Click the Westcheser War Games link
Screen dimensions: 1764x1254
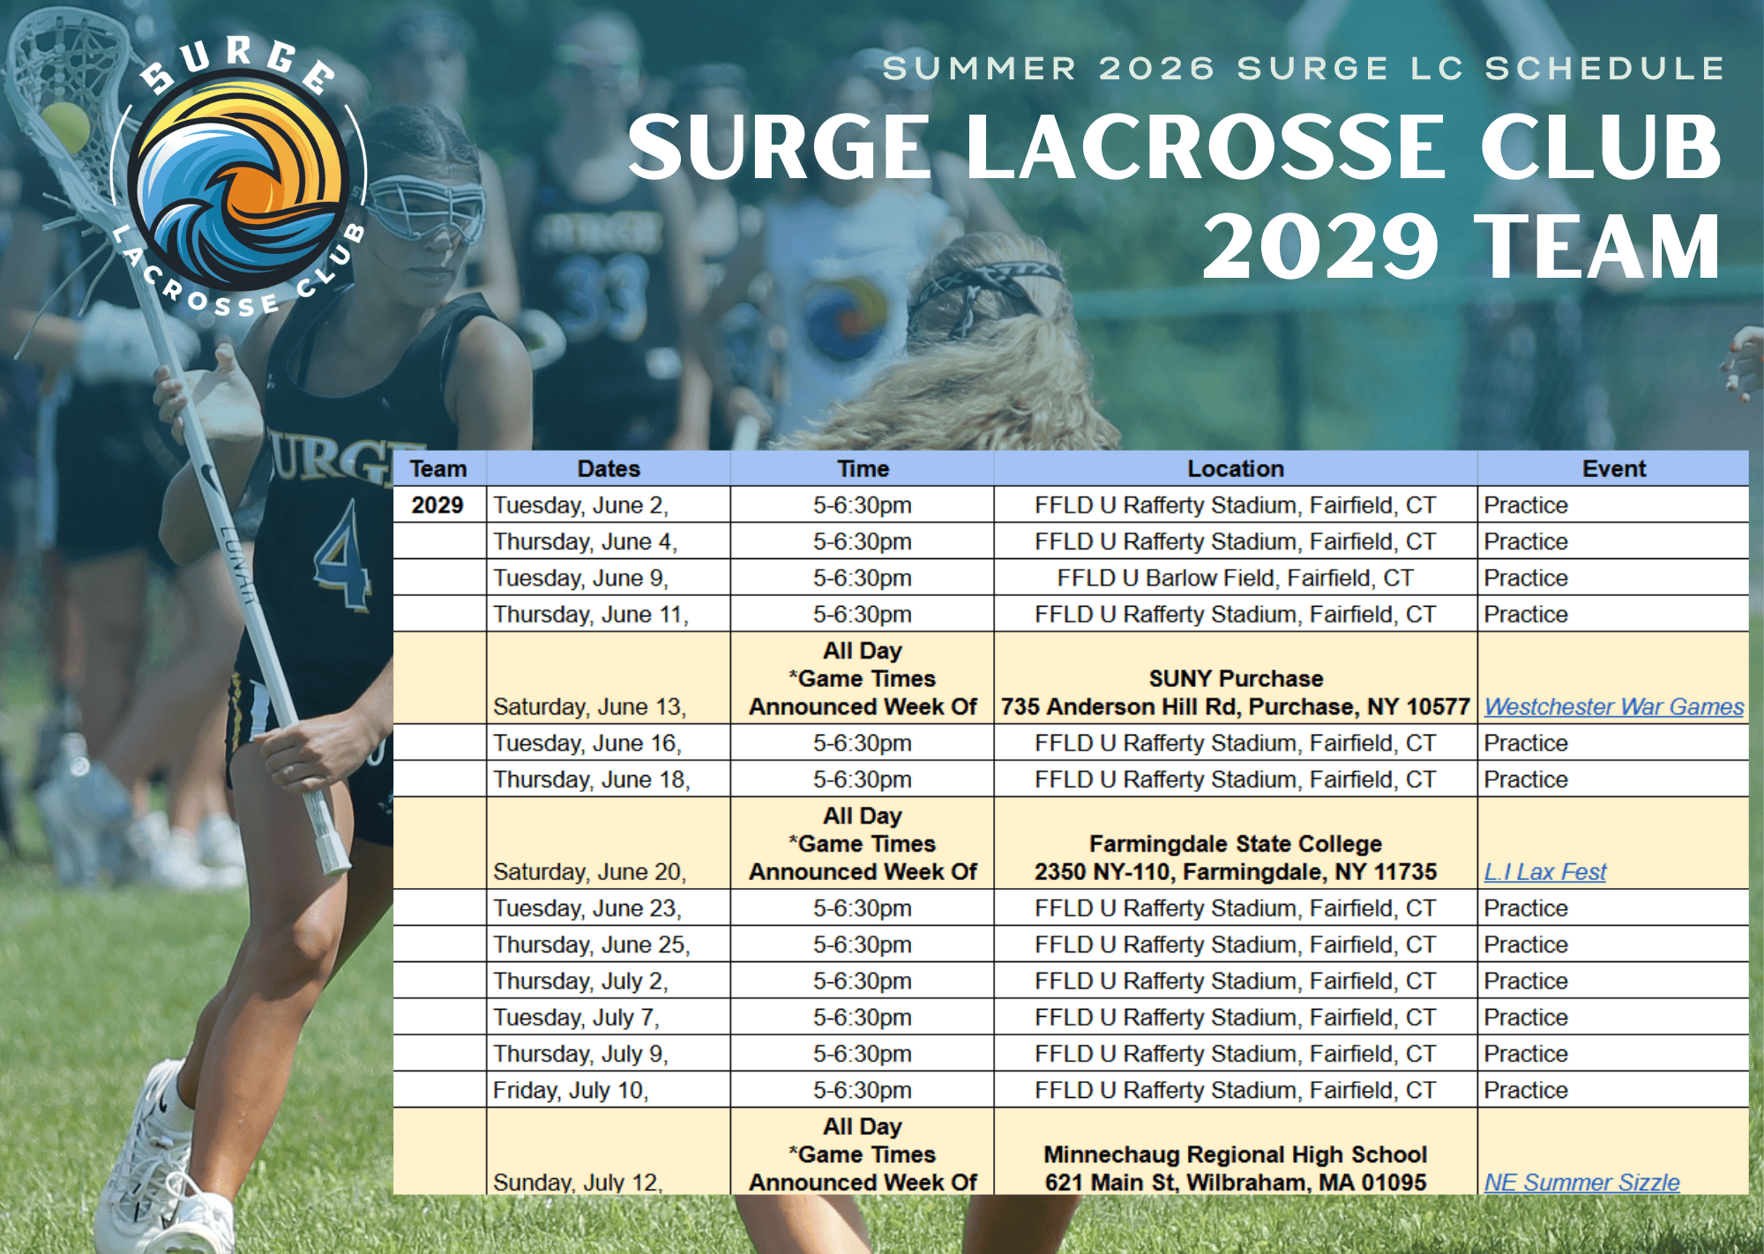click(1613, 706)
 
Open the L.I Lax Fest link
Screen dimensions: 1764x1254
click(1544, 871)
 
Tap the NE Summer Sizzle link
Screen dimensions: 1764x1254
click(1581, 1182)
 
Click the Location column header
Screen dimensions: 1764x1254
click(1235, 468)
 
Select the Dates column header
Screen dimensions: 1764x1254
click(609, 468)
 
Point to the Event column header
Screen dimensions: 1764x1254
click(1613, 468)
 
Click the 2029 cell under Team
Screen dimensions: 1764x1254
click(437, 505)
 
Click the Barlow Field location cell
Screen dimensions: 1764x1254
click(1235, 578)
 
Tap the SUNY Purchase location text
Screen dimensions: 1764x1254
click(1235, 678)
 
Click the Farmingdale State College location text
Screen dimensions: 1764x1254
click(1235, 844)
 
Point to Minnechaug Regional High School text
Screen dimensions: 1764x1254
click(1235, 1154)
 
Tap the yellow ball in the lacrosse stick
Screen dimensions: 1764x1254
click(65, 127)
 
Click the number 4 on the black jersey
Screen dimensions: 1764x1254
click(343, 556)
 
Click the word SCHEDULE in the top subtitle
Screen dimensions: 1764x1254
click(1604, 68)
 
